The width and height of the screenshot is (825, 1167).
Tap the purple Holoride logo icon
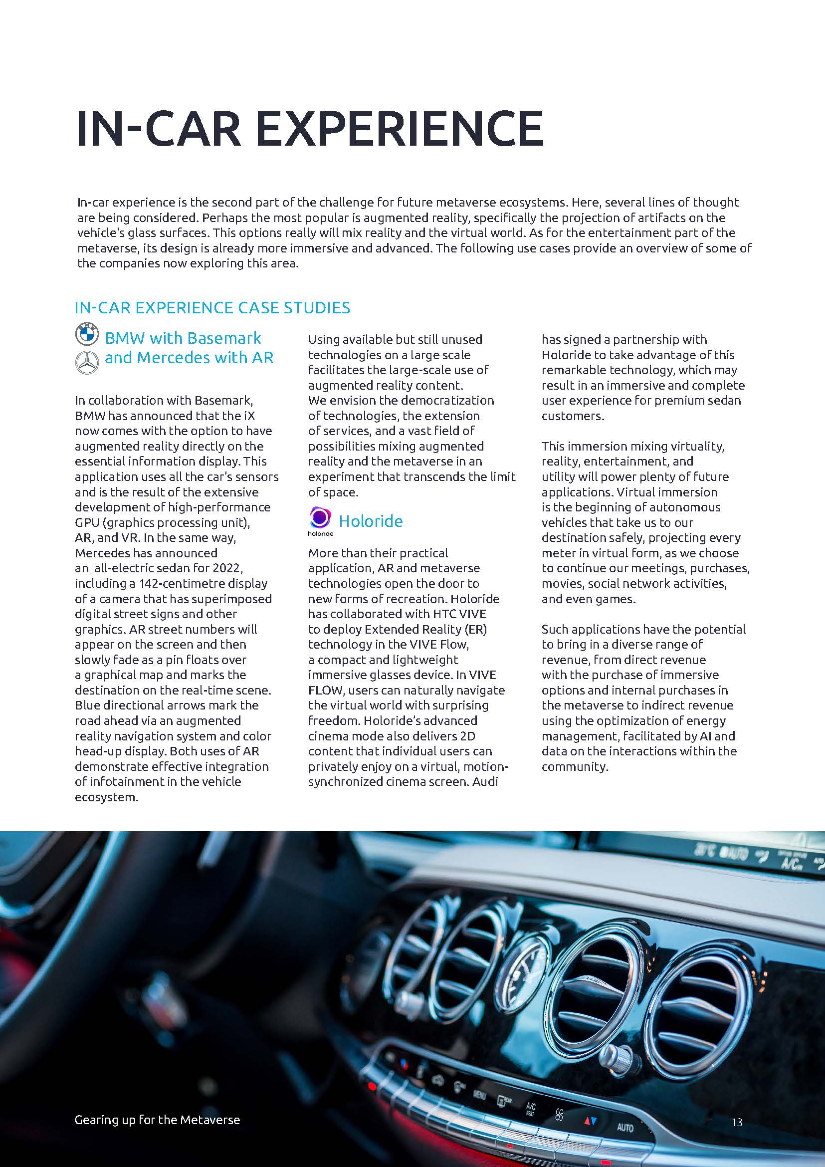click(x=320, y=517)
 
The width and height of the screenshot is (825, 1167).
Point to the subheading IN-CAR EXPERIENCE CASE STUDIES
click(x=212, y=308)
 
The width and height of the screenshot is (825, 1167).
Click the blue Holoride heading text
click(x=370, y=521)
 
